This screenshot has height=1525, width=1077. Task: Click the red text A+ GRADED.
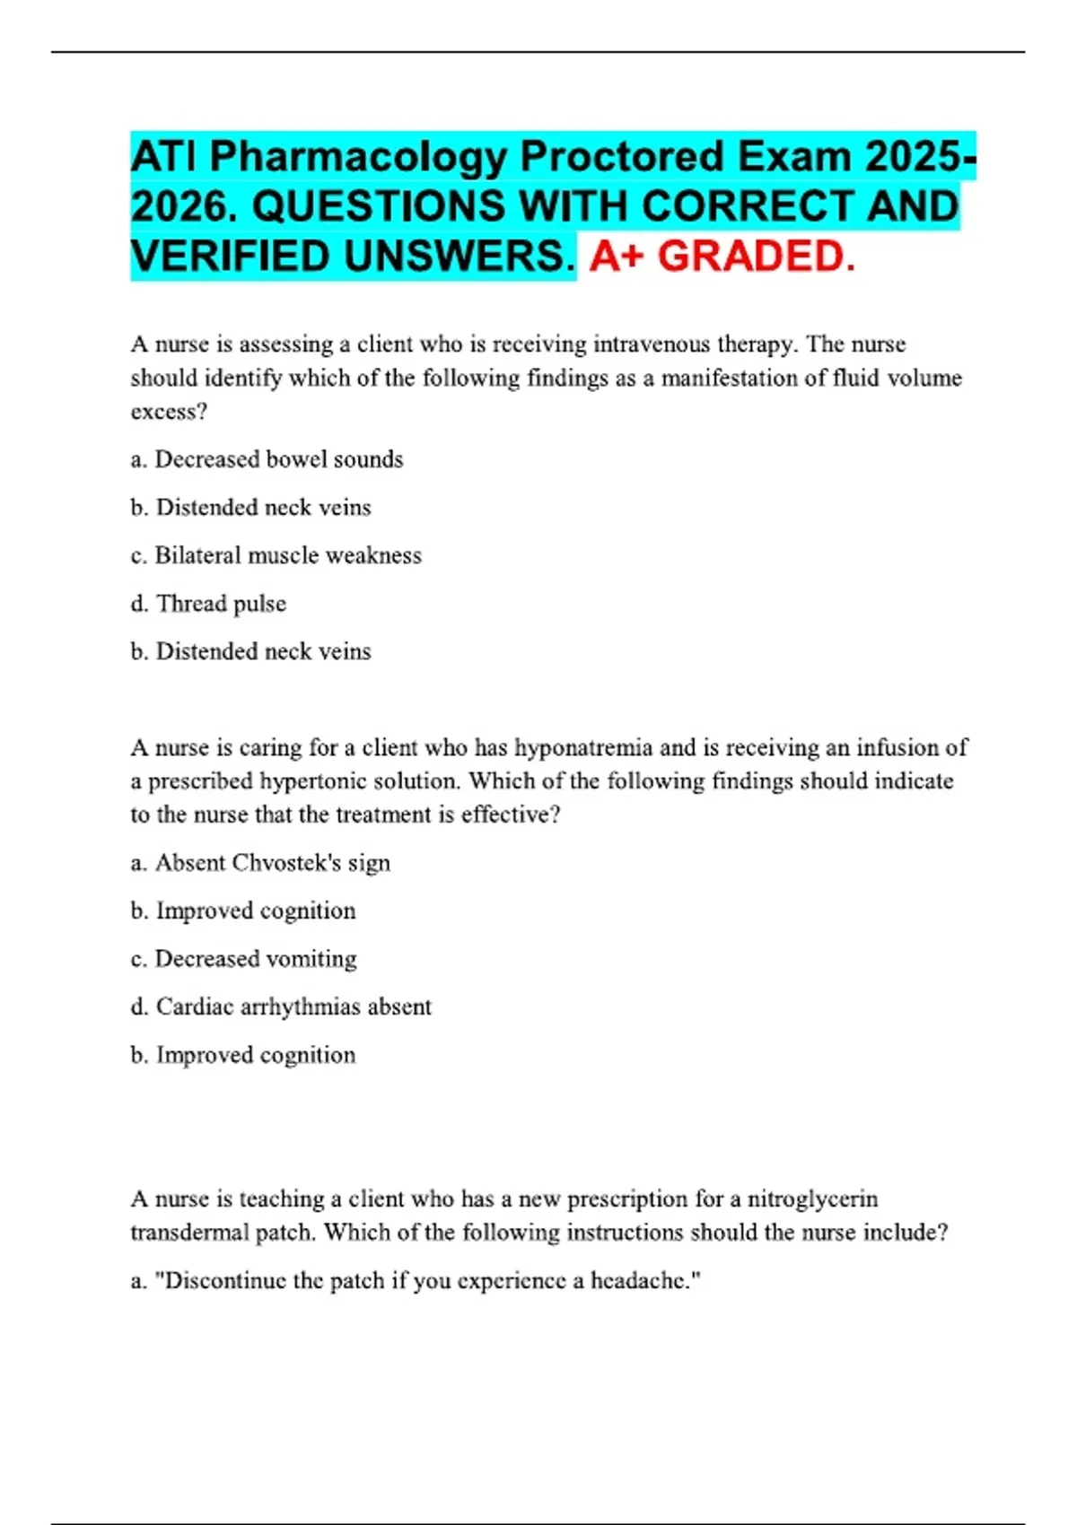(x=722, y=257)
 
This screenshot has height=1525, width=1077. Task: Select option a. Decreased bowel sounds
(x=267, y=459)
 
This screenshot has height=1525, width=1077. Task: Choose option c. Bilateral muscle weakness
(x=276, y=555)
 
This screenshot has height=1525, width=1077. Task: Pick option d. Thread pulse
(x=208, y=604)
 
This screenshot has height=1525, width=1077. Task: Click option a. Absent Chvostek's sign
(x=260, y=863)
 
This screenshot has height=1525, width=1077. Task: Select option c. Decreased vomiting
(x=243, y=959)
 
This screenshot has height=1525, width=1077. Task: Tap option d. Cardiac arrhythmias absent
(x=281, y=1006)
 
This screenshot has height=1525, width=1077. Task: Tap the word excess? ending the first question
(x=169, y=412)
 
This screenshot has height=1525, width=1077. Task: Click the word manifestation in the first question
(x=729, y=379)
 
